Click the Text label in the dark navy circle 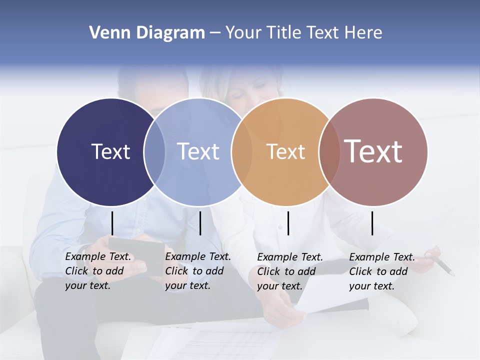(x=110, y=151)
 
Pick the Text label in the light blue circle (x=198, y=151)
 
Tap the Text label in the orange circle (x=285, y=151)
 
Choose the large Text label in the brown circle (x=373, y=151)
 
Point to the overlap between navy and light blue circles (x=154, y=151)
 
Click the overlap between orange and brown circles (x=329, y=151)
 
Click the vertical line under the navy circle (x=112, y=223)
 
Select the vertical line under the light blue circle (x=200, y=223)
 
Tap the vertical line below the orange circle (x=288, y=223)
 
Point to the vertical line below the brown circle (x=372, y=223)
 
